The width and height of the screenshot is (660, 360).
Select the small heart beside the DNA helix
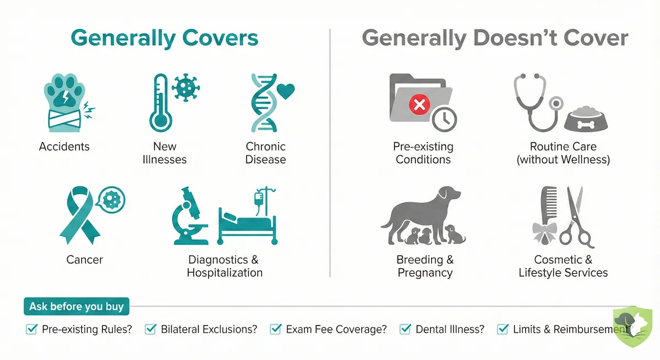[285, 91]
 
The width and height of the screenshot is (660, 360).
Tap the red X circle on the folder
[419, 104]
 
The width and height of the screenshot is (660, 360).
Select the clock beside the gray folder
[444, 118]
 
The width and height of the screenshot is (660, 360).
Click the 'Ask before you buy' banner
[76, 306]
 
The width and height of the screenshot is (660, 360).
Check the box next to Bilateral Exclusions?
[151, 329]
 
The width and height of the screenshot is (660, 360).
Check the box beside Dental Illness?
[405, 329]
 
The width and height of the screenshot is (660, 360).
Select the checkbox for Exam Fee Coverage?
[276, 329]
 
